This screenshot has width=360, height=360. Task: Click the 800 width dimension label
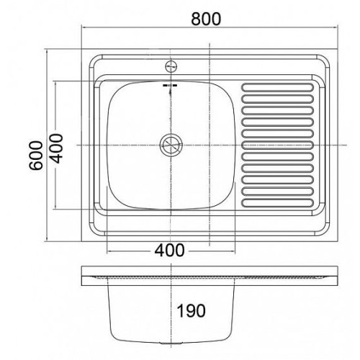point(206,19)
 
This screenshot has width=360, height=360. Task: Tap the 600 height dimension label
point(36,156)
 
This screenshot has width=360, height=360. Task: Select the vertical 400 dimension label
point(57,148)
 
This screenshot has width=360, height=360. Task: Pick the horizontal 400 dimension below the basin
point(169,251)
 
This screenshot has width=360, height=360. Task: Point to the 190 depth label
point(191,310)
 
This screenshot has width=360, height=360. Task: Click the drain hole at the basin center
point(171,145)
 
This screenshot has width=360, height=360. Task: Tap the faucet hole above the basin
point(171,66)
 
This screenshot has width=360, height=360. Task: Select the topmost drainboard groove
point(278,87)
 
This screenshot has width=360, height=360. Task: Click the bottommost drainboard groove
point(278,203)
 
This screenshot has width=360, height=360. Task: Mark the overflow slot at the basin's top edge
point(170,85)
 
